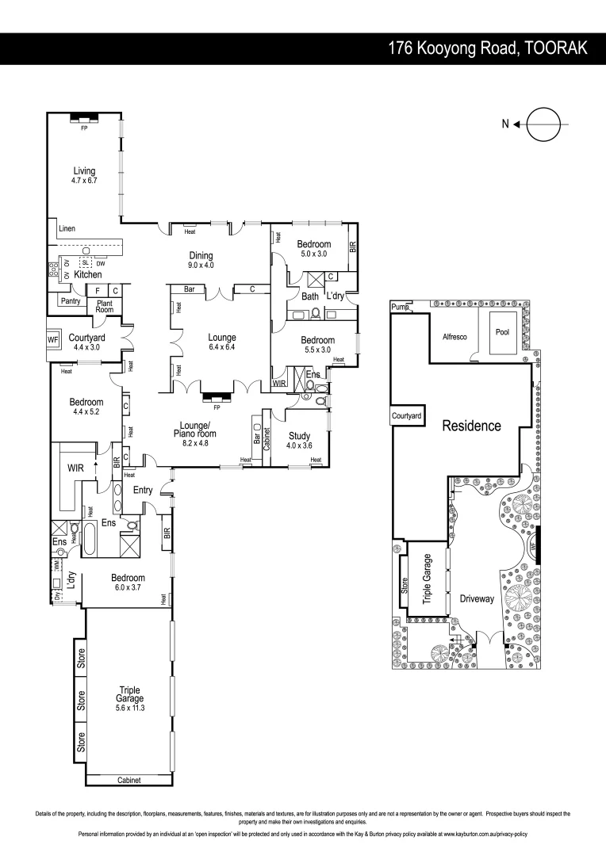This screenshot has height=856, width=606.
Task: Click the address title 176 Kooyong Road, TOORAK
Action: click(487, 48)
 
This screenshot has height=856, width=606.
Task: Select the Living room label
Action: click(84, 175)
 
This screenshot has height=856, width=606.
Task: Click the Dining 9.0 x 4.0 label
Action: click(201, 260)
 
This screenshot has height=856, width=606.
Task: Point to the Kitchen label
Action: click(88, 274)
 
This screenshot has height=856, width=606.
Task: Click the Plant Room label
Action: click(105, 307)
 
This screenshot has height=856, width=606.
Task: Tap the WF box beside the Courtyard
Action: click(53, 341)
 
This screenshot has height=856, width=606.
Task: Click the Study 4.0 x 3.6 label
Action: click(299, 440)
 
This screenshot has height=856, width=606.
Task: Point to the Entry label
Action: click(143, 491)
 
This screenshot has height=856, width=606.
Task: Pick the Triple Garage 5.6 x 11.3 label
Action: click(129, 694)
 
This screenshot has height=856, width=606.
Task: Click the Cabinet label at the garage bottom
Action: click(128, 780)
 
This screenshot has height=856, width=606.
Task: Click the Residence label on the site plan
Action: click(471, 426)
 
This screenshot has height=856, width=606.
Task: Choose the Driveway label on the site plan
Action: click(477, 599)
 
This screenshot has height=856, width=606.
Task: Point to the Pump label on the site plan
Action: click(399, 306)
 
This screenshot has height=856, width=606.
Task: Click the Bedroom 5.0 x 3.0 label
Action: click(313, 249)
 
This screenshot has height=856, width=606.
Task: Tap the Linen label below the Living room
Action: click(67, 229)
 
